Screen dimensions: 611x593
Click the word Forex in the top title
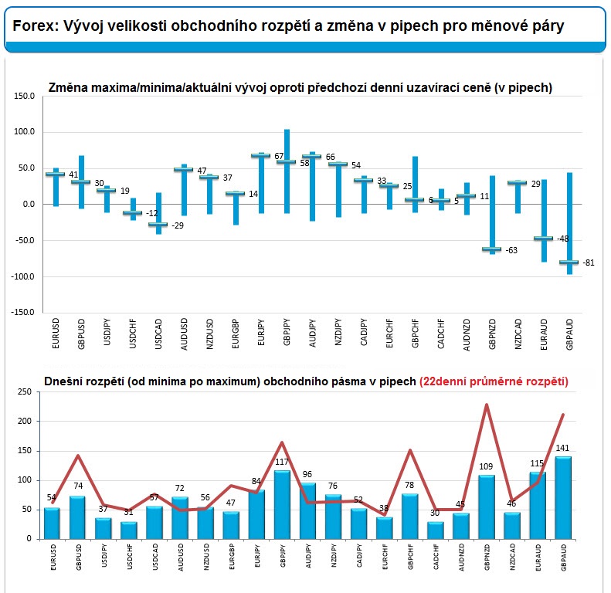pos(35,25)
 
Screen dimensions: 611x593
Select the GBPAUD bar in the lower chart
pos(563,498)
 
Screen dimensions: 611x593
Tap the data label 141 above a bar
pos(562,448)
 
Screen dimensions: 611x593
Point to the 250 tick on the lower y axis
pos(25,392)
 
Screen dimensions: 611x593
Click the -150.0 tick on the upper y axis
pos(22,312)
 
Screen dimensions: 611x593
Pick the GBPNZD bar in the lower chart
pos(487,507)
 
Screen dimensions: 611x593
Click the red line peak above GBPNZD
pos(487,405)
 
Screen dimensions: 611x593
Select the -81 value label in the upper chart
pos(589,263)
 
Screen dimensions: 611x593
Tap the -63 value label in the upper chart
pos(511,250)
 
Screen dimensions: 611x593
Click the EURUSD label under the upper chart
pos(56,334)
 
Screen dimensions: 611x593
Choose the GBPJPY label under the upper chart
pos(287,332)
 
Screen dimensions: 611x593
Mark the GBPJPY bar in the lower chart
pos(282,505)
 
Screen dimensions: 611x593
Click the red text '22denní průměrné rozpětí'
pos(494,381)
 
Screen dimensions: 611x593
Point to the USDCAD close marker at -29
pos(158,225)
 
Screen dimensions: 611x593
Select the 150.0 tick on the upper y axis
pos(24,96)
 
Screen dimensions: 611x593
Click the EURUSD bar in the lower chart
pos(52,524)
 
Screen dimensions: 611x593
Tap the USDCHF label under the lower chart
pos(130,557)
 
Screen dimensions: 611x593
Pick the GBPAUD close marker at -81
pos(569,263)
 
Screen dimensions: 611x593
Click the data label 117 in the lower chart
pos(282,462)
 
